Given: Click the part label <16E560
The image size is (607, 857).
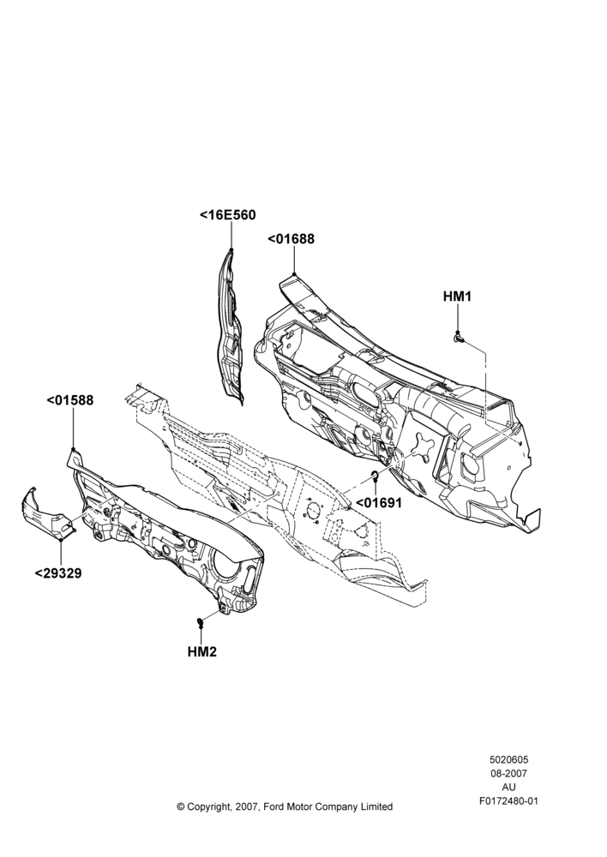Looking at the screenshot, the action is click(227, 215).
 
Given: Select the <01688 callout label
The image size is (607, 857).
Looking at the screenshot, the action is click(291, 239).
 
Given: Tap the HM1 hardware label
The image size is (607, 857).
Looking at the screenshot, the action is click(457, 297).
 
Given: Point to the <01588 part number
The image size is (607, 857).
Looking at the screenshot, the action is click(70, 400).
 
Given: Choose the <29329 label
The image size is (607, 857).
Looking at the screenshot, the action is click(58, 573).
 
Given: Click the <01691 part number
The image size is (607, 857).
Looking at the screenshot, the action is click(379, 503).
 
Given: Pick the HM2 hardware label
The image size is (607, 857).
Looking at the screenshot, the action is click(201, 652).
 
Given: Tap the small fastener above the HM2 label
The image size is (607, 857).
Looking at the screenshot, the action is click(201, 620).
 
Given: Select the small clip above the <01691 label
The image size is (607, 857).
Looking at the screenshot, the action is click(376, 473).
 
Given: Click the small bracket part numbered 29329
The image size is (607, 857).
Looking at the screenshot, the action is click(47, 512).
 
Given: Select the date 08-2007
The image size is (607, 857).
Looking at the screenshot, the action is click(508, 773).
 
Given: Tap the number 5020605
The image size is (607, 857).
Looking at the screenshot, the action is click(508, 759).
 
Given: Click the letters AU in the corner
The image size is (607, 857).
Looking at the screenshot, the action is click(508, 788).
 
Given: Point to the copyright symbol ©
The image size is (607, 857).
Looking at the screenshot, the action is click(181, 806).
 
